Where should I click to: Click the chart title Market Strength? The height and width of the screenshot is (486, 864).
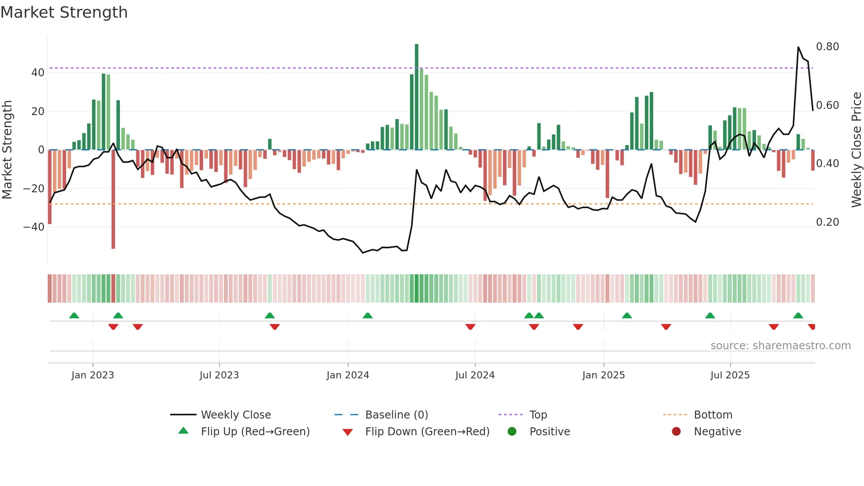[x=64, y=12]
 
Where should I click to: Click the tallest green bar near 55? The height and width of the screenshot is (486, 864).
[x=417, y=97]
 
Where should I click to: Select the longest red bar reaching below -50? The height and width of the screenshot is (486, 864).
[x=113, y=198]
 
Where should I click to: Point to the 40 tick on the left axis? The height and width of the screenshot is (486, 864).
[x=38, y=73]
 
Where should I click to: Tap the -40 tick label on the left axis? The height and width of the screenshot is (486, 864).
[x=34, y=227]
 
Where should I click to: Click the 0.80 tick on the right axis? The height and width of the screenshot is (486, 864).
[x=827, y=47]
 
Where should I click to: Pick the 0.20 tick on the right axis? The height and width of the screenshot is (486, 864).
[x=827, y=222]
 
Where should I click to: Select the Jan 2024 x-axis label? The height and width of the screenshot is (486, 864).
[x=348, y=375]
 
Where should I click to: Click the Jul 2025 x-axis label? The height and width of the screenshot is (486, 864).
[x=730, y=375]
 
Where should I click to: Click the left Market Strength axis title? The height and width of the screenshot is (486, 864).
[x=7, y=150]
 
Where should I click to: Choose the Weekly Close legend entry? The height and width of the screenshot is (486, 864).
[x=236, y=415]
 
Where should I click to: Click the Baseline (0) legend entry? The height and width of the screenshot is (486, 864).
[x=396, y=415]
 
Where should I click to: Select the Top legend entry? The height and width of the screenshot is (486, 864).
[x=538, y=415]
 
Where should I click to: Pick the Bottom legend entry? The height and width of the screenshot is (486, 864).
[x=713, y=415]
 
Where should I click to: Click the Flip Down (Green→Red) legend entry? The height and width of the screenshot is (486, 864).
[x=427, y=432]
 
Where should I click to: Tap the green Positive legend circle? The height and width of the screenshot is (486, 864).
[x=512, y=431]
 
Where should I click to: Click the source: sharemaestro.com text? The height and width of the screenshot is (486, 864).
[x=780, y=346]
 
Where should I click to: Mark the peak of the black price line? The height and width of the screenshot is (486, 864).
[x=798, y=47]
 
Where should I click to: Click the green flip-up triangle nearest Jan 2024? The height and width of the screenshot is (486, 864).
[x=368, y=315]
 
